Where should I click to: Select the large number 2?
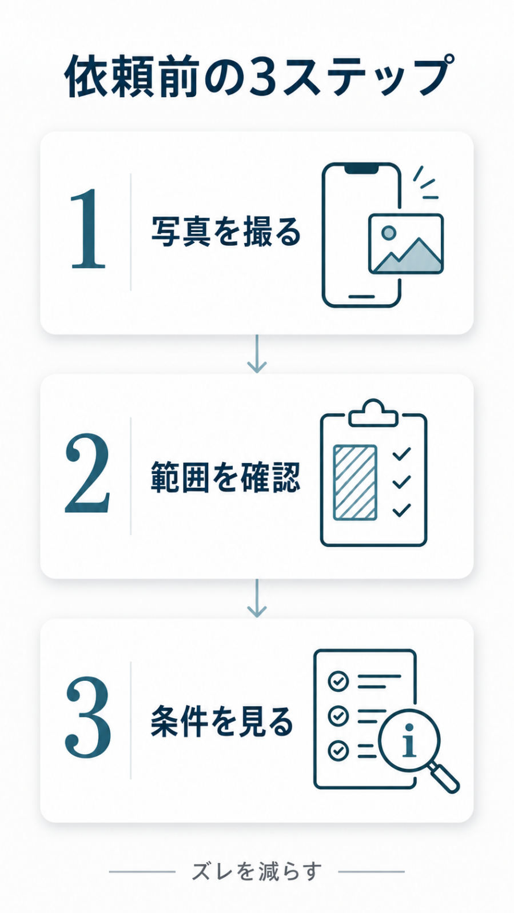tap(87, 473)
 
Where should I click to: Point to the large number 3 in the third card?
tap(87, 717)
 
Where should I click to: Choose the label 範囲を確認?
tap(226, 476)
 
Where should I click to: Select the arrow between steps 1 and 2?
tap(257, 353)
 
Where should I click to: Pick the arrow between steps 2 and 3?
tap(257, 598)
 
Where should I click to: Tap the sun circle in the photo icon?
tap(388, 233)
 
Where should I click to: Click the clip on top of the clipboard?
tap(373, 413)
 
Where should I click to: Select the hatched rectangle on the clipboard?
tap(354, 483)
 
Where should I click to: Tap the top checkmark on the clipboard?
tap(401, 454)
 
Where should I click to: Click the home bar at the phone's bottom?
tap(361, 296)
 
